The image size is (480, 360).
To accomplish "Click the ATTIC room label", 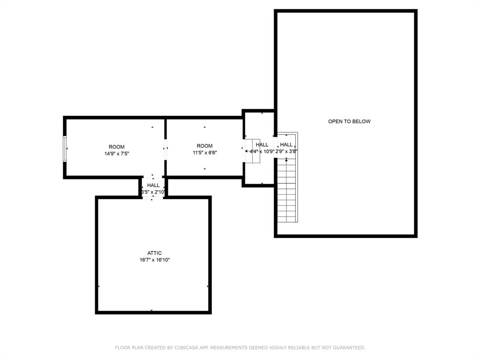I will tap(154, 253).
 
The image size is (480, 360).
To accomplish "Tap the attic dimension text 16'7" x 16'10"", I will tap(154, 260).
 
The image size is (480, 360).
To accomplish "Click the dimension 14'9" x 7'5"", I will tap(117, 153).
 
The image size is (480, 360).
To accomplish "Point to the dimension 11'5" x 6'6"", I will tap(204, 152).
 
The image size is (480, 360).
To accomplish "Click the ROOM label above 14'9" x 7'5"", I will tap(117, 147).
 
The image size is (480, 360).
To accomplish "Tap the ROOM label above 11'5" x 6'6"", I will tap(204, 146).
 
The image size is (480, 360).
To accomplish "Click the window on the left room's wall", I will tap(65, 149).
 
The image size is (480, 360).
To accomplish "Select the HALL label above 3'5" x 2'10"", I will tap(153, 186).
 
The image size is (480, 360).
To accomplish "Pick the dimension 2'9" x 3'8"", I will tap(286, 151).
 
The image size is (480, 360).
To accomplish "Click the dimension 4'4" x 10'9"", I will tap(262, 151).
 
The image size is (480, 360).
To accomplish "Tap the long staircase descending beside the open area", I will tap(286, 190).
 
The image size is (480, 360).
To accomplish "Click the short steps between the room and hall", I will tap(252, 151).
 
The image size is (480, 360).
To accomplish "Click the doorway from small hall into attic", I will tap(153, 197).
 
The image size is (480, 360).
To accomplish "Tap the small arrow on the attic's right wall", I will tap(208, 286).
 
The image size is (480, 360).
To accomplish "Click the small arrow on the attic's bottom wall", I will tap(151, 310).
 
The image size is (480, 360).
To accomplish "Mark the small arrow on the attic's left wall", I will tap(98, 286).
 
